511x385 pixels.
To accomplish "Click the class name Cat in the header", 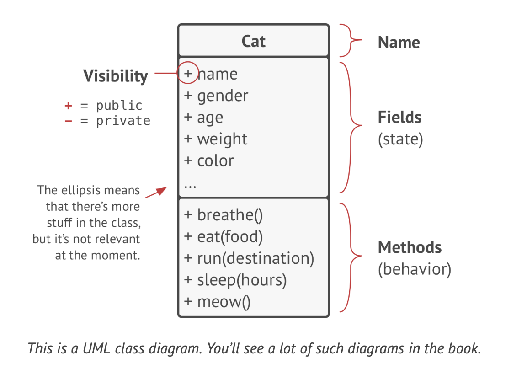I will tap(253, 42).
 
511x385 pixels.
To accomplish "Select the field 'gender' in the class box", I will tap(222, 96).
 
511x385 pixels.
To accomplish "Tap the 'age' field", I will tap(210, 118).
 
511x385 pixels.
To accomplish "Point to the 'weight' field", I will tap(222, 139).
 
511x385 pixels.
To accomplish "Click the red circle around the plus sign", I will tap(187, 73).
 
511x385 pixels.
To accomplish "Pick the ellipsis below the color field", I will tap(190, 186).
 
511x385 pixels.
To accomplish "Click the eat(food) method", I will tap(230, 236).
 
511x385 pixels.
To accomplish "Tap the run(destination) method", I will tap(255, 258).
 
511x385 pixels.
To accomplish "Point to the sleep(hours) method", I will tap(241, 280).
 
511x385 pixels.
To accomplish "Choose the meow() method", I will tap(224, 302).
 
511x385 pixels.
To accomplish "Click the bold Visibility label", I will tap(116, 76).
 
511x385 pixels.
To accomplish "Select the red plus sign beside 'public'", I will tap(69, 106).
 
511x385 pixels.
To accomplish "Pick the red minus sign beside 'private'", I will tap(69, 121).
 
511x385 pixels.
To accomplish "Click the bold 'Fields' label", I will tap(399, 118).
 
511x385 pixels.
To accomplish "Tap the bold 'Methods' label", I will tap(410, 247).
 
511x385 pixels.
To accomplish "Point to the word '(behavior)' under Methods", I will tap(414, 269).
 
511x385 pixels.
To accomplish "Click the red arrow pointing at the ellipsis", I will tap(156, 192).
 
